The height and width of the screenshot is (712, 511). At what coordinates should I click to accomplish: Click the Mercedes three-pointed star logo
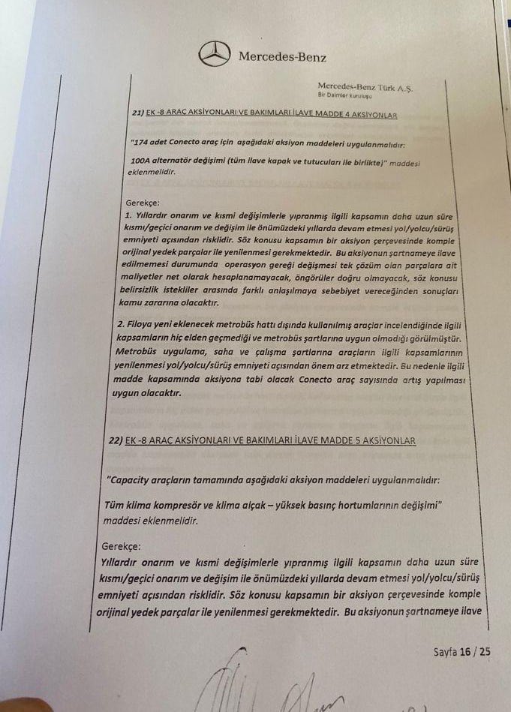215,54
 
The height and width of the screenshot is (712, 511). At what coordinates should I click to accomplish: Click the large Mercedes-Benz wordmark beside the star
282,56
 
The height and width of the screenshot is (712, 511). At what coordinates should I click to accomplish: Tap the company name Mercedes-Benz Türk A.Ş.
365,88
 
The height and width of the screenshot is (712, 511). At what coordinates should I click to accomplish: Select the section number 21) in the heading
137,114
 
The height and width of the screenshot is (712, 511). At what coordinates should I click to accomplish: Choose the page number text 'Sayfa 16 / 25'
461,651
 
